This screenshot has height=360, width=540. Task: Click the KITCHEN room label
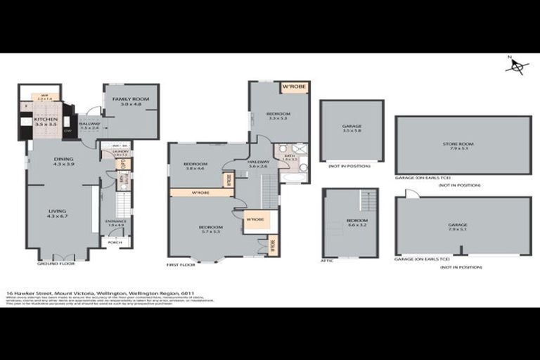tap(46, 120)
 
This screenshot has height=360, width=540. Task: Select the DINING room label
tap(63, 159)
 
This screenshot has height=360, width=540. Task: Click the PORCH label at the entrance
tap(115, 243)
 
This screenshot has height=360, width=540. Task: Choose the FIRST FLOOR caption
tap(181, 264)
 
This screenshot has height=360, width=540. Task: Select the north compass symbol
tap(518, 67)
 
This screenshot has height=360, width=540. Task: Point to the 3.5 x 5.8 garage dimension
tap(352, 131)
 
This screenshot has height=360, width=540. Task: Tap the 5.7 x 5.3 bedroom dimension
tap(211, 232)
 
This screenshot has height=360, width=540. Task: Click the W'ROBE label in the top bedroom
tap(291, 88)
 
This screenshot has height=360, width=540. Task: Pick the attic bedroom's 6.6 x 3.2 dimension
tap(352, 227)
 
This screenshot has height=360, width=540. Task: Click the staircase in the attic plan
tap(368, 201)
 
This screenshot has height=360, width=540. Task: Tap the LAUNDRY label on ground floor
tap(120, 151)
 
